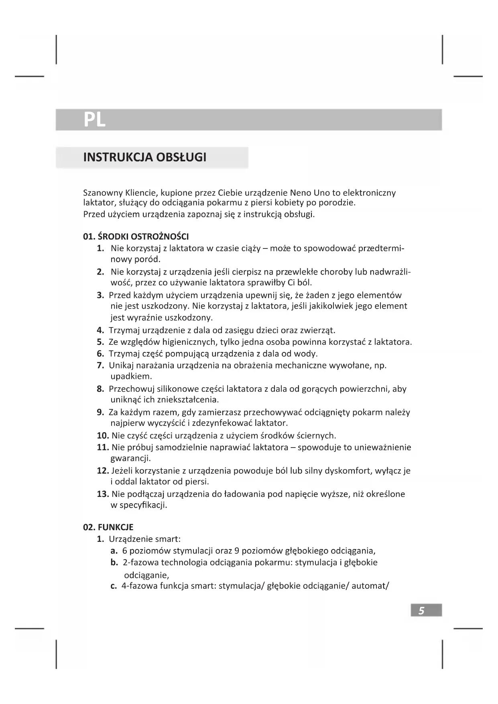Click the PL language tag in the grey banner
[94, 119]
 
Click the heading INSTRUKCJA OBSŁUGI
[145, 157]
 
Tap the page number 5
[421, 610]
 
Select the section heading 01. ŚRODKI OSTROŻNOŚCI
[136, 236]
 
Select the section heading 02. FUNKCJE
[108, 527]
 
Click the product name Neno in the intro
[300, 193]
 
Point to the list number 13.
[103, 494]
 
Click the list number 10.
[103, 435]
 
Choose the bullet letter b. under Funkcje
[114, 562]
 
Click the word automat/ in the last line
[370, 586]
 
